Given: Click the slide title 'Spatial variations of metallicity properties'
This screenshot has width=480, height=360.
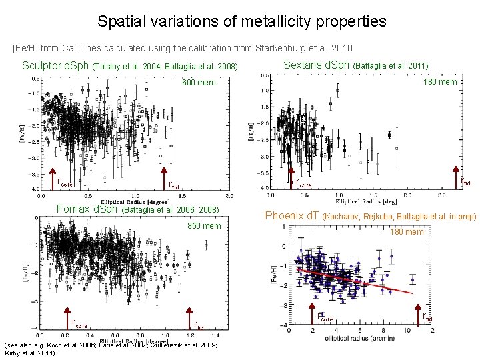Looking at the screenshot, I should (241, 21).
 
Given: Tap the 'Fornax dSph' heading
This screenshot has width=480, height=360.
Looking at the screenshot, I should (87, 209).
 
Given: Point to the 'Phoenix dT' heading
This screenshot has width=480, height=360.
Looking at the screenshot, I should (293, 215).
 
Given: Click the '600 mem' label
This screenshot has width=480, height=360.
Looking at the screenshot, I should (199, 83).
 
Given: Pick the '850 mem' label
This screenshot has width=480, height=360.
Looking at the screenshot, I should (203, 226).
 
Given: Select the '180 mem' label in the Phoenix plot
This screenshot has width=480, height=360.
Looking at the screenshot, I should (406, 231).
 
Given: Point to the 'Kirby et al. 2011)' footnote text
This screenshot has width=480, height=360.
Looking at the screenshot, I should (30, 352).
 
